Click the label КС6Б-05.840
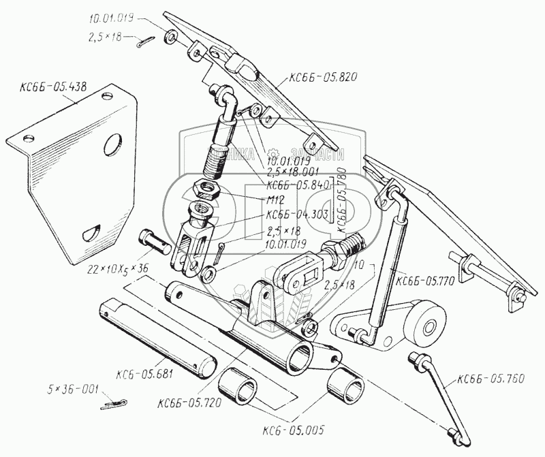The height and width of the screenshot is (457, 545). pyautogui.click(x=298, y=185)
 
